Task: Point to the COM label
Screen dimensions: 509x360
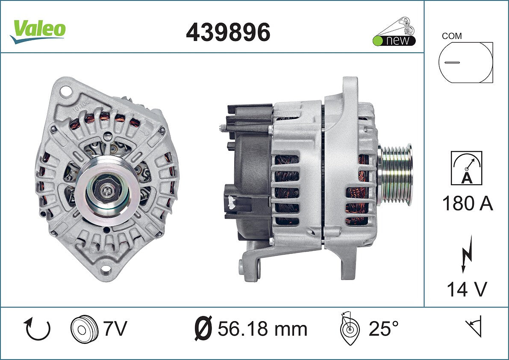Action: click(x=452, y=36)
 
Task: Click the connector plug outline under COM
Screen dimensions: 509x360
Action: click(x=465, y=62)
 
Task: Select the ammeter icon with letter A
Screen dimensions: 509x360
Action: click(x=466, y=168)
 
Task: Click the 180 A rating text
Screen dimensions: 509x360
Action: click(x=468, y=204)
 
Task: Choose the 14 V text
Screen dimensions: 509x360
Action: click(x=467, y=289)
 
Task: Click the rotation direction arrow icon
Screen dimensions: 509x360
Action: click(x=37, y=329)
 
